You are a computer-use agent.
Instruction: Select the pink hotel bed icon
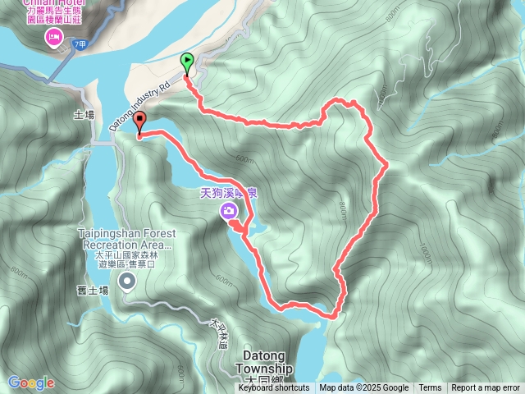coord(54,37)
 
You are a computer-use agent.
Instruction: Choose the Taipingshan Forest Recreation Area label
coord(127,238)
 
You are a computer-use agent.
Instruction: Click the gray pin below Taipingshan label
coord(127,282)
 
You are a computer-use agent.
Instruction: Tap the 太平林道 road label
coord(217,334)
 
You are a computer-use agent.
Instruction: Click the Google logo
coord(31,383)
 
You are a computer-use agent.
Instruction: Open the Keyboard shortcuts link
coord(274,388)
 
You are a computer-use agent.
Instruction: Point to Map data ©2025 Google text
coord(363,388)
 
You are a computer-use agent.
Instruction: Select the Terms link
coord(430,388)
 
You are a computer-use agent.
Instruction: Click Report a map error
coord(486,388)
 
